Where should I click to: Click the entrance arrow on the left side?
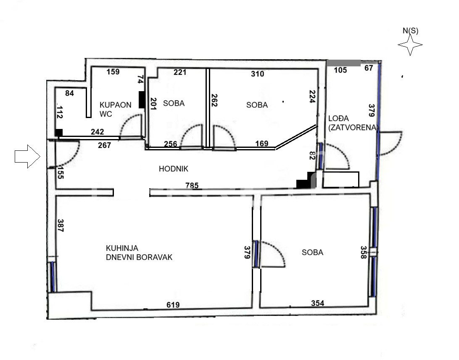[27, 156]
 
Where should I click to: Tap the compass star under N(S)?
[410, 45]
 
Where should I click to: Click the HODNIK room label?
[173, 169]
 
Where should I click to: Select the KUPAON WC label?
[115, 109]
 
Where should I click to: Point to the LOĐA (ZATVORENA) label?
[353, 123]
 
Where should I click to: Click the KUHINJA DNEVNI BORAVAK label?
[139, 253]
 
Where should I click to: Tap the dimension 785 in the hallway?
[192, 185]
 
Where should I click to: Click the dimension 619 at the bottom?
[173, 305]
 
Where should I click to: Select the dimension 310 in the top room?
[257, 74]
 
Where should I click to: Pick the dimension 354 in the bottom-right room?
[318, 303]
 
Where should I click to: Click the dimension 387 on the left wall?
[60, 226]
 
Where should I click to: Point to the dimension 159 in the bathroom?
[113, 72]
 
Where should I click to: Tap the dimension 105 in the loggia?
[340, 70]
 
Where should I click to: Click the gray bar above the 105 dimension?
[344, 63]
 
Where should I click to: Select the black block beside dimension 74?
[142, 100]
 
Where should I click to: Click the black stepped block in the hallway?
[305, 181]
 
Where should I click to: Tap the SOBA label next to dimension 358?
[312, 252]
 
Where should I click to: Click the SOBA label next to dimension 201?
[174, 103]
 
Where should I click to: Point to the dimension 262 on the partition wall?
[214, 100]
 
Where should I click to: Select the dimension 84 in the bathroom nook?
[69, 93]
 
